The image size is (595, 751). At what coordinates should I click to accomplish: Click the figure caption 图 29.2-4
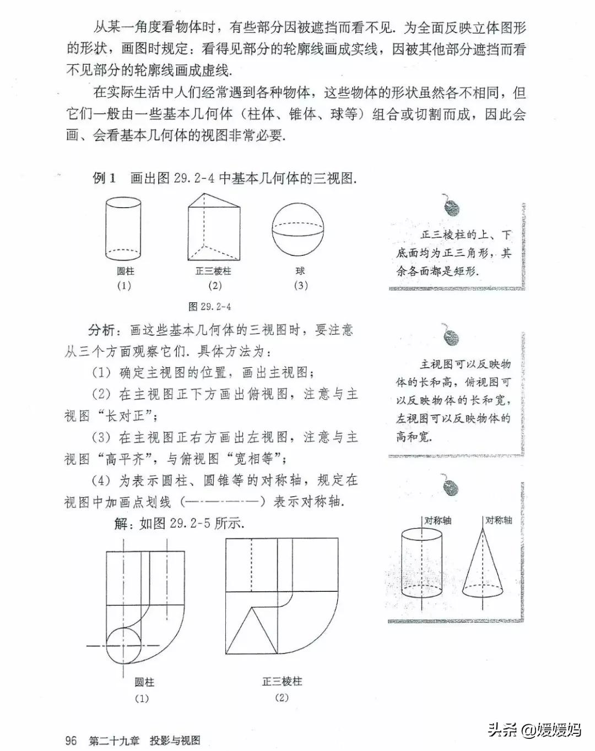pyautogui.click(x=210, y=306)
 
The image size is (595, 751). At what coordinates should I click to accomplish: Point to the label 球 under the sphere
pyautogui.click(x=300, y=271)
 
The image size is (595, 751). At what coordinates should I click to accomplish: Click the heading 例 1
pyautogui.click(x=104, y=178)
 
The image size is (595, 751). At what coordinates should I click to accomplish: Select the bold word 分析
pyautogui.click(x=102, y=330)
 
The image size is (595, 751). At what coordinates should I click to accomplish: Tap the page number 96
pyautogui.click(x=71, y=740)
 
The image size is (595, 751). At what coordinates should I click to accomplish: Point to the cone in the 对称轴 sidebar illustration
pyautogui.click(x=483, y=567)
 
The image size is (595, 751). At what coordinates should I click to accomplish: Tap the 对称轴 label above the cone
pyautogui.click(x=499, y=520)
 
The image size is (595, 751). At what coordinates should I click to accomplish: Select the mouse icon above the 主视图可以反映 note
pyautogui.click(x=451, y=335)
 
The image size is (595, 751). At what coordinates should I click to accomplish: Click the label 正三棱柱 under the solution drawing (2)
pyautogui.click(x=282, y=682)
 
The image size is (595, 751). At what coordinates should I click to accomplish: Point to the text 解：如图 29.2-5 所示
pyautogui.click(x=180, y=523)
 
